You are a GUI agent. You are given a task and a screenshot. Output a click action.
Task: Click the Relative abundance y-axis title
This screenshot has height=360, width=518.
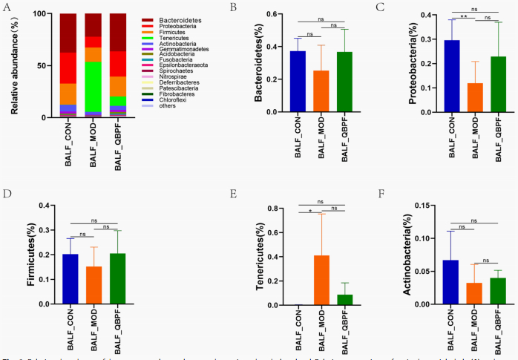point(14,65)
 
